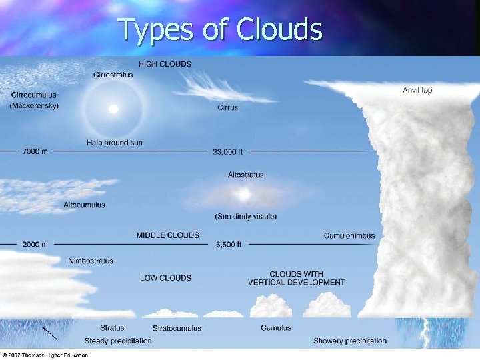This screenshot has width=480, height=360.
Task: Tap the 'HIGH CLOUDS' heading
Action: coord(165,64)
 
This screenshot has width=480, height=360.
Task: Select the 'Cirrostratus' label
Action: coord(113,75)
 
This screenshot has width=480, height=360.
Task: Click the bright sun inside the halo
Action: coord(113,109)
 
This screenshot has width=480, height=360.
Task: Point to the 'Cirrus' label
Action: coord(228,107)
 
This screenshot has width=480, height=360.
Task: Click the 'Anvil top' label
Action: coord(417,90)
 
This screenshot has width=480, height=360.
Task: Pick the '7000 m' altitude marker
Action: coord(35,152)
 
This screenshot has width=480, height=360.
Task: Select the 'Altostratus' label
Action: coord(245,175)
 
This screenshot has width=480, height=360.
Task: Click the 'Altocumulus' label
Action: coord(84,205)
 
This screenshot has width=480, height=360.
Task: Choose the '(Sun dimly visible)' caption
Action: coord(245,216)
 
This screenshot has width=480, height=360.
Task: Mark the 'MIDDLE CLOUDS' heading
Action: coord(167,235)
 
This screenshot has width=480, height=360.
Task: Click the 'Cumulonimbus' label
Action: coord(349,235)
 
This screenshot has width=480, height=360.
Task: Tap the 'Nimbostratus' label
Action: coord(91,261)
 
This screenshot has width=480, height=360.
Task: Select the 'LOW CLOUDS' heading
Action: coord(166,278)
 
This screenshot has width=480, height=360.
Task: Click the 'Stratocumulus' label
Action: coord(177,328)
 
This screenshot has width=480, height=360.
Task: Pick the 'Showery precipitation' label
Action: coord(350,341)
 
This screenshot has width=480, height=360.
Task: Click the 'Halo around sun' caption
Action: coord(114,143)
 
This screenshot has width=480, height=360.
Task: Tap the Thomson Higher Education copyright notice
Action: coord(45,355)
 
